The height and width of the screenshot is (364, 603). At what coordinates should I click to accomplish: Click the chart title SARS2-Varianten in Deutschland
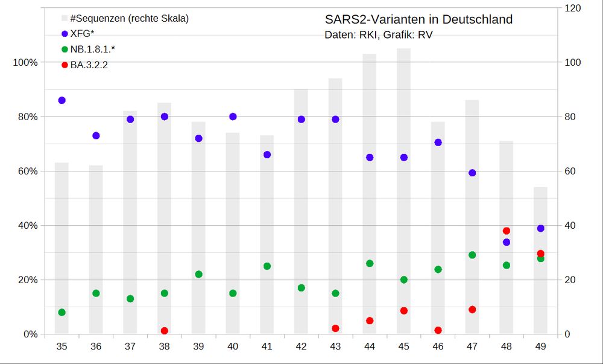[x=418, y=19]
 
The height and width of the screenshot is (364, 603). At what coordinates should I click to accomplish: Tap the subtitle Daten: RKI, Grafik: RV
[x=378, y=35]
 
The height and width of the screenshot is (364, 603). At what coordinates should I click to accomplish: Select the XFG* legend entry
[x=82, y=33]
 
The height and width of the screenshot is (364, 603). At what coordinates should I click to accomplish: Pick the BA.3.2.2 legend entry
[x=89, y=65]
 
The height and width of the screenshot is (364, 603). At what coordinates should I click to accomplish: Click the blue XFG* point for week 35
[x=62, y=100]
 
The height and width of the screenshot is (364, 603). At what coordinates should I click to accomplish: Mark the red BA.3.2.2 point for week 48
[x=507, y=231]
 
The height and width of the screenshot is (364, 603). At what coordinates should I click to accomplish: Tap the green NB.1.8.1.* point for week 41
[x=267, y=266]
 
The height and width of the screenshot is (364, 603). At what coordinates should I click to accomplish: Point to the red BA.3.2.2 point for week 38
[x=164, y=331]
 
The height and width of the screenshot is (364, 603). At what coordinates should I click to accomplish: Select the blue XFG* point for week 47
[x=472, y=173]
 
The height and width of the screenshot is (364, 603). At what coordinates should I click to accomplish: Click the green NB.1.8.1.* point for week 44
[x=370, y=263]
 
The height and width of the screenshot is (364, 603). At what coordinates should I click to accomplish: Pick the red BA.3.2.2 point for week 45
[x=404, y=311]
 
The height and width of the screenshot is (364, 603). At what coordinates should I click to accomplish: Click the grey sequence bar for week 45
[x=404, y=181]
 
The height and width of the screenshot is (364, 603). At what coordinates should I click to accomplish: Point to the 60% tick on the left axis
[x=25, y=171]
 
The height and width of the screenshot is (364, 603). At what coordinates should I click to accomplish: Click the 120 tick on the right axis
[x=572, y=8]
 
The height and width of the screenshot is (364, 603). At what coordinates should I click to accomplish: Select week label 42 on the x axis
[x=301, y=346]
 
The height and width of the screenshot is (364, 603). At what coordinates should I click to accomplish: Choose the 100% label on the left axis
[x=25, y=62]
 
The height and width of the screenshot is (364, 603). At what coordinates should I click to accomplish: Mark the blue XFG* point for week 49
[x=540, y=228]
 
